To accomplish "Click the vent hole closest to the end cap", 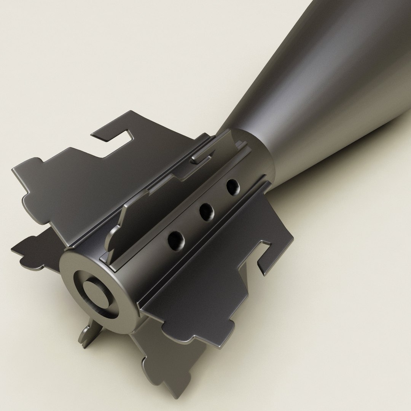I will [x=176, y=241].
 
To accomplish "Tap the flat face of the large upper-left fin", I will [x=76, y=190].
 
